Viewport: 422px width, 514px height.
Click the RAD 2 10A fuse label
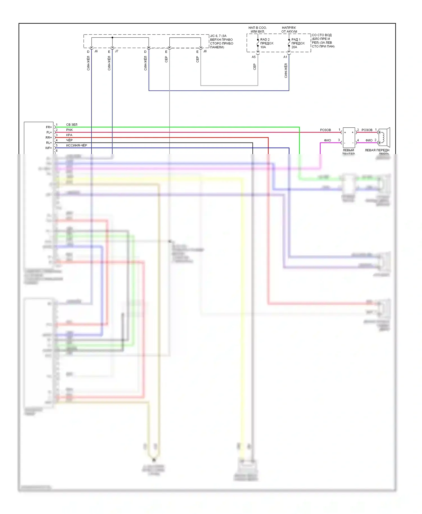pyautogui.click(x=266, y=43)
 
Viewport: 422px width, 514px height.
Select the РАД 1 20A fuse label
pyautogui.click(x=298, y=43)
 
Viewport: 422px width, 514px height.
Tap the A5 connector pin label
pyautogui.click(x=253, y=57)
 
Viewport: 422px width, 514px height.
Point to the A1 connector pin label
pyautogui.click(x=285, y=57)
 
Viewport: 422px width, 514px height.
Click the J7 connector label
pyautogui.click(x=116, y=51)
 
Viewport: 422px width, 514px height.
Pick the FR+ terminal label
pyautogui.click(x=49, y=127)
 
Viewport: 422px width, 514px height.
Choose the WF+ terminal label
pyautogui.click(x=49, y=148)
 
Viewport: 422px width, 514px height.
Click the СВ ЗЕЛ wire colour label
pyautogui.click(x=72, y=125)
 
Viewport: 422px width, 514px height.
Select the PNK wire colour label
pyautogui.click(x=69, y=130)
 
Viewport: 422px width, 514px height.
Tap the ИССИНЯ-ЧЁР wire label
pyautogui.click(x=77, y=145)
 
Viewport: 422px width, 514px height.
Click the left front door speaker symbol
pyautogui.click(x=384, y=137)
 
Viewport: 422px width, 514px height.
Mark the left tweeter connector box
pyautogui.click(x=349, y=137)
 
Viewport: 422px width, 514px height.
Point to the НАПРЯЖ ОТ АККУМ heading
pyautogui.click(x=289, y=30)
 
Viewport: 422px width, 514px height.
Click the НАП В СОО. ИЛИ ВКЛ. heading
pyautogui.click(x=257, y=30)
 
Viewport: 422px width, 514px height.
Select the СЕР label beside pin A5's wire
pyautogui.click(x=255, y=67)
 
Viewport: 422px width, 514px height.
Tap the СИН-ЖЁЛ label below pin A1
pyautogui.click(x=286, y=70)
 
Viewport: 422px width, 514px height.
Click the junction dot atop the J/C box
pyautogui.click(x=112, y=37)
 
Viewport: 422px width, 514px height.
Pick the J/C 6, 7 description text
pyautogui.click(x=221, y=41)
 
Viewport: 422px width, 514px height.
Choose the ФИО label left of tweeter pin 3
pyautogui.click(x=327, y=140)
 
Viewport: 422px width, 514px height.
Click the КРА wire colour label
pyautogui.click(x=69, y=135)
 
